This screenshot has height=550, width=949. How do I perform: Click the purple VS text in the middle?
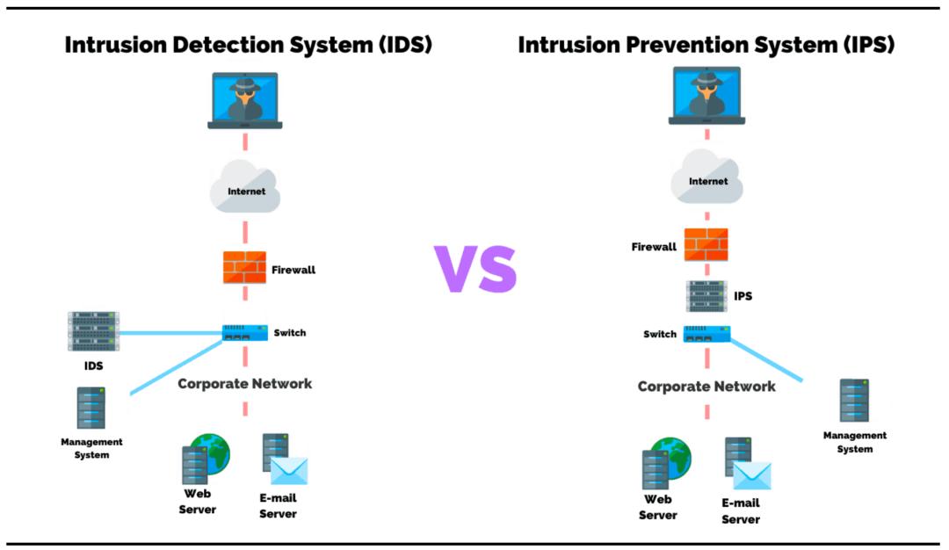pyautogui.click(x=475, y=268)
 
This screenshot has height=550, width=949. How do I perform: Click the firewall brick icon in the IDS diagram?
pyautogui.click(x=244, y=267)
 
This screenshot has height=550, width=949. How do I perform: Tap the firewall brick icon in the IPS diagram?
pyautogui.click(x=706, y=244)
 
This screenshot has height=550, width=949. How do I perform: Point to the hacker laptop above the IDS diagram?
pyautogui.click(x=245, y=100)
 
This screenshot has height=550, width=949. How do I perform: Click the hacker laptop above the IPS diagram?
pyautogui.click(x=707, y=95)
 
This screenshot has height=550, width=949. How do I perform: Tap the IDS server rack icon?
pyautogui.click(x=93, y=332)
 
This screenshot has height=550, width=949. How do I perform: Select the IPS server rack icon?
pyautogui.click(x=707, y=295)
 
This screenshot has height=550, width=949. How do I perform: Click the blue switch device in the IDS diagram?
pyautogui.click(x=245, y=333)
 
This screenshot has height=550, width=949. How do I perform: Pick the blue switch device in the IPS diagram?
pyautogui.click(x=707, y=334)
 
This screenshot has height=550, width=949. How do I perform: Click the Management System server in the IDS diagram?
pyautogui.click(x=91, y=408)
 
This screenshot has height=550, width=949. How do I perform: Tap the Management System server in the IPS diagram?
pyautogui.click(x=854, y=401)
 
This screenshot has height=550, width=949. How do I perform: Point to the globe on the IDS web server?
pyautogui.click(x=212, y=452)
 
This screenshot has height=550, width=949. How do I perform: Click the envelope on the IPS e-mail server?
pyautogui.click(x=752, y=475)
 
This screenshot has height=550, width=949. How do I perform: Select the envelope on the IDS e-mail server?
pyautogui.click(x=289, y=471)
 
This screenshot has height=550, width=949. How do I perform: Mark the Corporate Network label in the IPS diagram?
pyautogui.click(x=706, y=387)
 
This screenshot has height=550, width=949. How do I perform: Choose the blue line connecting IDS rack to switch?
pyautogui.click(x=170, y=333)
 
